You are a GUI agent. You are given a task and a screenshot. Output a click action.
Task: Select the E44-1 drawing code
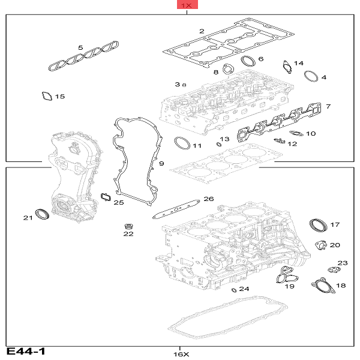coord(26,351)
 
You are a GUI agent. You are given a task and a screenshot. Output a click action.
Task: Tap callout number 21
coord(28,217)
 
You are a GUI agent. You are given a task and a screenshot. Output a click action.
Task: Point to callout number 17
coord(335,224)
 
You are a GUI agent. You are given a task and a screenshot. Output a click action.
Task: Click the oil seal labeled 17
coord(318,226)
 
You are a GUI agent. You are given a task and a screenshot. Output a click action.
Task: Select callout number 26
coord(208,199)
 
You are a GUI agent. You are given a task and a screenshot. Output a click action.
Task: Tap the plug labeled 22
coord(128,227)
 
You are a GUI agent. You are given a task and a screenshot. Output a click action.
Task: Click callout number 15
coord(59,97)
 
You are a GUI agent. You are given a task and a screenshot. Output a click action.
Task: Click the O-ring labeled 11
coord(180,143)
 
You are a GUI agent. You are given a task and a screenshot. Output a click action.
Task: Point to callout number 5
coord(80,47)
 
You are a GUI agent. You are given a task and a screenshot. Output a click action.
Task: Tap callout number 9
coord(161,163)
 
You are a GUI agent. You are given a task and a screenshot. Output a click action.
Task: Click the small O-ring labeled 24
coord(233,290)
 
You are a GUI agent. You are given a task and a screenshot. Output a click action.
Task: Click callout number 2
coord(202,31)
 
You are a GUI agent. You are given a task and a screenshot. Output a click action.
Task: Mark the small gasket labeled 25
coord(106,196)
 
